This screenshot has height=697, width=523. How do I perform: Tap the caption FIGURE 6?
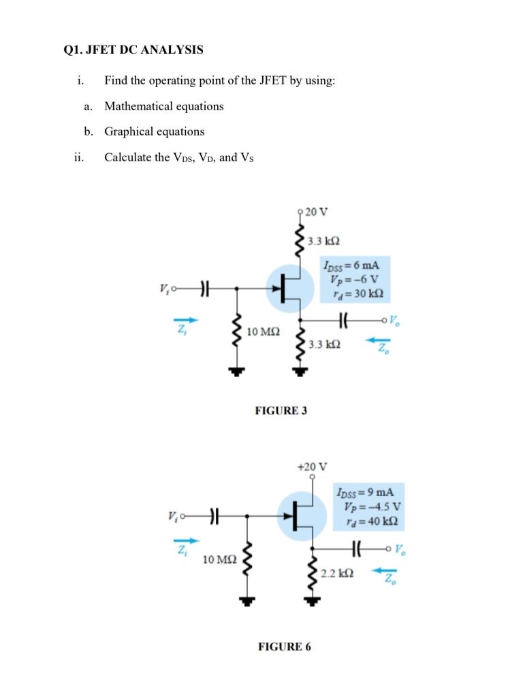pos(284,646)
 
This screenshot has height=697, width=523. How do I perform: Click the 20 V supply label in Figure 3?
pos(317,211)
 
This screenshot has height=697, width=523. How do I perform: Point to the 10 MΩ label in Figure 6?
pos(220,560)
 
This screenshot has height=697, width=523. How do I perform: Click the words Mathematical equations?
pos(163,106)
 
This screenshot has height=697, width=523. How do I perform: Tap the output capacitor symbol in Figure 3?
pos(343,319)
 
